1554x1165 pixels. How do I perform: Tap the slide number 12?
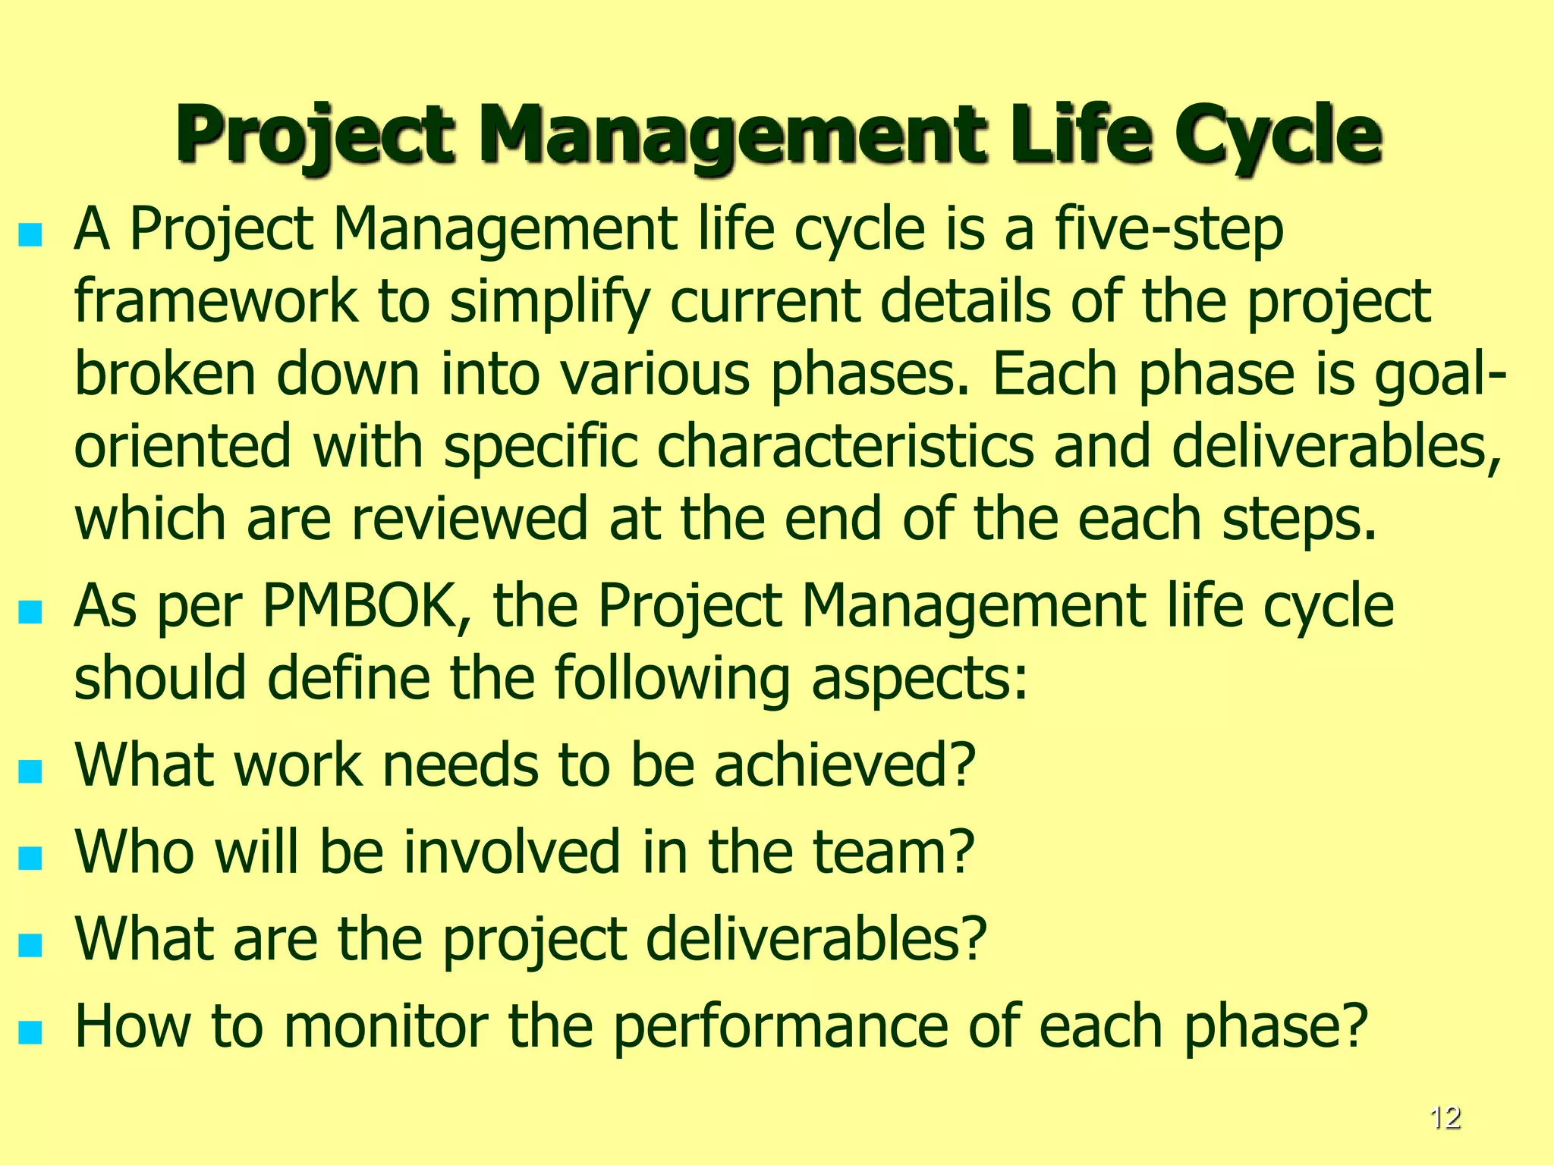point(1445,1118)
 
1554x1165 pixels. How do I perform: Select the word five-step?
point(1169,231)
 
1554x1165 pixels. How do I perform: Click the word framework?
point(215,302)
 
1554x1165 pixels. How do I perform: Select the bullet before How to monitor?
point(30,1033)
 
